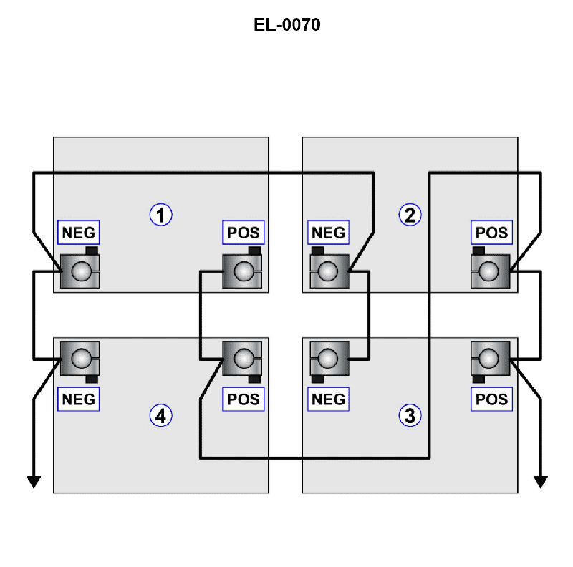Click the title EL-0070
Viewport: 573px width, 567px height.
click(286, 26)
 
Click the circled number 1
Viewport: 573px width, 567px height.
click(160, 214)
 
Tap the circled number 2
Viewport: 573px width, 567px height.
click(410, 214)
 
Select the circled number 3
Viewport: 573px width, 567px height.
click(410, 415)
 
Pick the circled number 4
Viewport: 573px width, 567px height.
click(160, 415)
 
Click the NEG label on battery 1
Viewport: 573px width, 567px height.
click(78, 233)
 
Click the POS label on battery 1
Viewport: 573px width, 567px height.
click(243, 233)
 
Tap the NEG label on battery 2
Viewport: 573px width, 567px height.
click(327, 233)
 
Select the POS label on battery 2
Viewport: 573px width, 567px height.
click(491, 233)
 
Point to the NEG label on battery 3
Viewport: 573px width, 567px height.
click(327, 399)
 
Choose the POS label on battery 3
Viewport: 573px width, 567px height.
click(491, 399)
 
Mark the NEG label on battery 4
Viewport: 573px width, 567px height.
click(78, 399)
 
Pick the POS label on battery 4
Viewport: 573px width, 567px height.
click(243, 399)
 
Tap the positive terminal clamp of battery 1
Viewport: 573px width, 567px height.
click(244, 271)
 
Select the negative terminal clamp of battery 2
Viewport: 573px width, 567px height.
click(329, 271)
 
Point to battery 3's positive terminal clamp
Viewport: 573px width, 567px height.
click(490, 357)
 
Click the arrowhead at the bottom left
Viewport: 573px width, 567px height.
click(33, 481)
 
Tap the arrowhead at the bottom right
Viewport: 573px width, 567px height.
click(540, 481)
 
